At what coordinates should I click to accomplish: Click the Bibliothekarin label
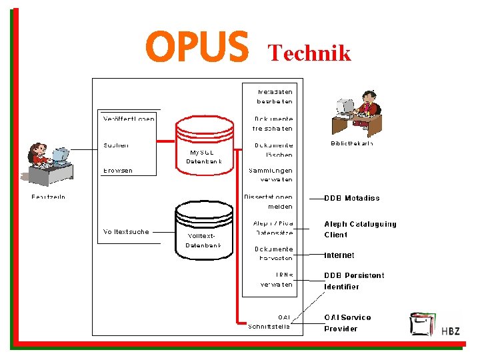tap(351, 143)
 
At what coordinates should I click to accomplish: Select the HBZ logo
tap(434, 325)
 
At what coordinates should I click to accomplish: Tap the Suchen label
tap(116, 145)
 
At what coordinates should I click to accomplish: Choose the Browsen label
tap(118, 171)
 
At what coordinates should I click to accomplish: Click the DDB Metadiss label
tap(351, 198)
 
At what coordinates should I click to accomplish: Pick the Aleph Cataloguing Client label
tap(360, 229)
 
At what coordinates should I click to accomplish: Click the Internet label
tap(339, 255)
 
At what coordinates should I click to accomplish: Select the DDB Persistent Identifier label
tap(354, 281)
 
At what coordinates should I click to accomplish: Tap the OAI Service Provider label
tap(347, 323)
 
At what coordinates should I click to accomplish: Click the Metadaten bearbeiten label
tap(275, 96)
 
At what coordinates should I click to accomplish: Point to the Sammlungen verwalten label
tap(271, 175)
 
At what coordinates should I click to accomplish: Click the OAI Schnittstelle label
tap(271, 321)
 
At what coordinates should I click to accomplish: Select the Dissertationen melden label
tap(269, 201)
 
